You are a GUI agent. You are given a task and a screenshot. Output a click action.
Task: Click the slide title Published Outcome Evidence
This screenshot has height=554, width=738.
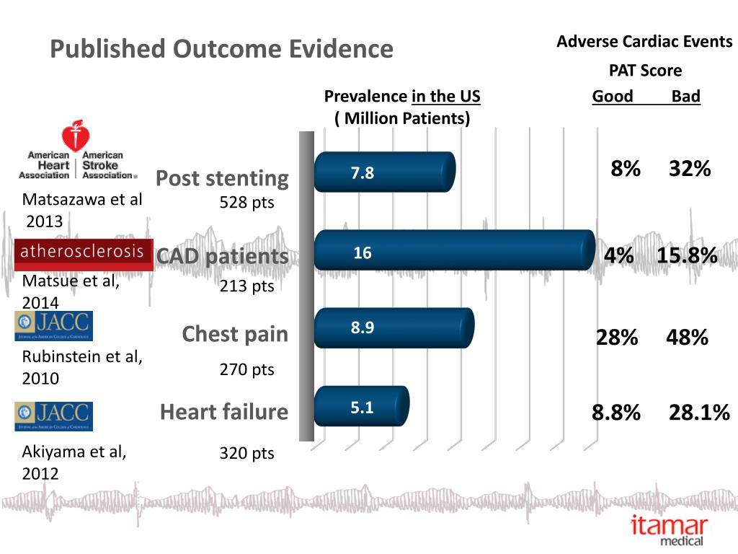tap(221, 49)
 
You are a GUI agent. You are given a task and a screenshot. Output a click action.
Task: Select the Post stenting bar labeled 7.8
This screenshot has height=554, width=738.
tap(384, 172)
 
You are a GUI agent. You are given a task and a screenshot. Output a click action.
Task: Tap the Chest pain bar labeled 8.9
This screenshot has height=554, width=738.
tap(394, 327)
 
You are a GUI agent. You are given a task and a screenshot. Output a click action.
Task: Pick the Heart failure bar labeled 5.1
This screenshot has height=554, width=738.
tap(361, 407)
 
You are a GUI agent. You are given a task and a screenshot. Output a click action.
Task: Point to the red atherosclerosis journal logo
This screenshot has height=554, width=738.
tap(84, 253)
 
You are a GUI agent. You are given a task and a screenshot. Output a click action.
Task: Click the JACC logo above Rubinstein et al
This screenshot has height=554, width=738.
tap(53, 326)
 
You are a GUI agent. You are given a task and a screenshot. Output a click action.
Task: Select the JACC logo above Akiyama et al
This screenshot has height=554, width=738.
tap(53, 416)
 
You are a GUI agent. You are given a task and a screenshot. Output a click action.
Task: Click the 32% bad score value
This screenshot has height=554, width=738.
tap(690, 169)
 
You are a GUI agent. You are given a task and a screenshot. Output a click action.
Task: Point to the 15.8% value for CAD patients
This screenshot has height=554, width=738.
tap(687, 255)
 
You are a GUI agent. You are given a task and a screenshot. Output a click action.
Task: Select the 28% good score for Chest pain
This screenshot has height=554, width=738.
tap(616, 337)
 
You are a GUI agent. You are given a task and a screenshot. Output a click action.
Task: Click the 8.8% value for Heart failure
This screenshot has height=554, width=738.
tap(616, 413)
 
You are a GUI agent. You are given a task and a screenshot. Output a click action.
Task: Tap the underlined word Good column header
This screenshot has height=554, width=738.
tap(613, 97)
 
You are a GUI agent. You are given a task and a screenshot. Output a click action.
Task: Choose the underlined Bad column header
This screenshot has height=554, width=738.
tap(685, 97)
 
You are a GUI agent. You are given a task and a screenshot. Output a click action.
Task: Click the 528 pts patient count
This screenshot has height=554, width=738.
tap(247, 203)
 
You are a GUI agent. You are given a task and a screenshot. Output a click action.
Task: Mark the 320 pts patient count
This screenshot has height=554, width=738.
tap(247, 454)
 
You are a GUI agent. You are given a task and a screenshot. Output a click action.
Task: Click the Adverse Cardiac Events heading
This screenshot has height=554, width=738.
tap(644, 42)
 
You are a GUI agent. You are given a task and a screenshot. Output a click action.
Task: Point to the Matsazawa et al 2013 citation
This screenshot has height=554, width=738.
tap(82, 209)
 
